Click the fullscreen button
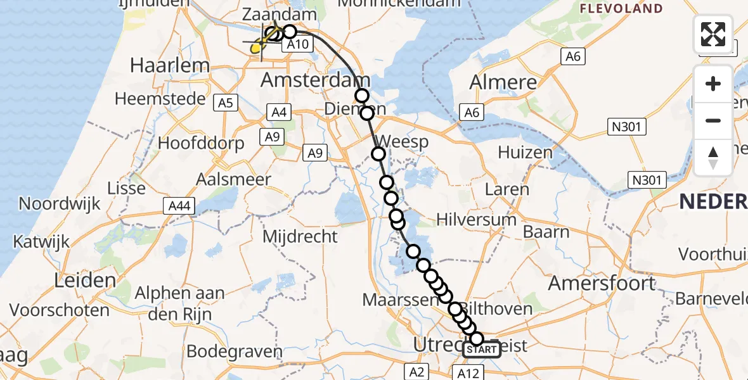click(713, 34)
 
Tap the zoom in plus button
click(713, 84)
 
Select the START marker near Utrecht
click(482, 350)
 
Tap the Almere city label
click(503, 82)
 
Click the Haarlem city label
click(160, 65)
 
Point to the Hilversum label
click(476, 220)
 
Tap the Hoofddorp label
click(201, 142)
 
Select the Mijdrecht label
click(300, 237)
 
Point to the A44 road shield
click(180, 205)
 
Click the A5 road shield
click(225, 103)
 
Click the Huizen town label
click(525, 152)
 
